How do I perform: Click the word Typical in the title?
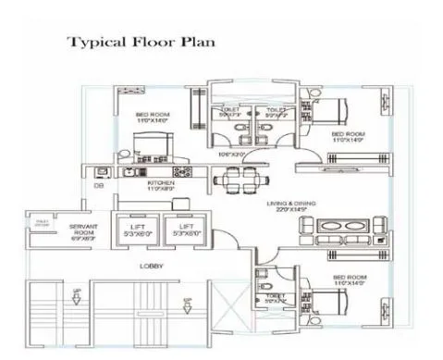pos(98,42)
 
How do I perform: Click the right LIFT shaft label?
pos(186,226)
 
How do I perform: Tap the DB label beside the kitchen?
pos(99,186)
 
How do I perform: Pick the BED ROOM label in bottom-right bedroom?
pos(349,277)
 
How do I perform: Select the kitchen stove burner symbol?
pos(181,171)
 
